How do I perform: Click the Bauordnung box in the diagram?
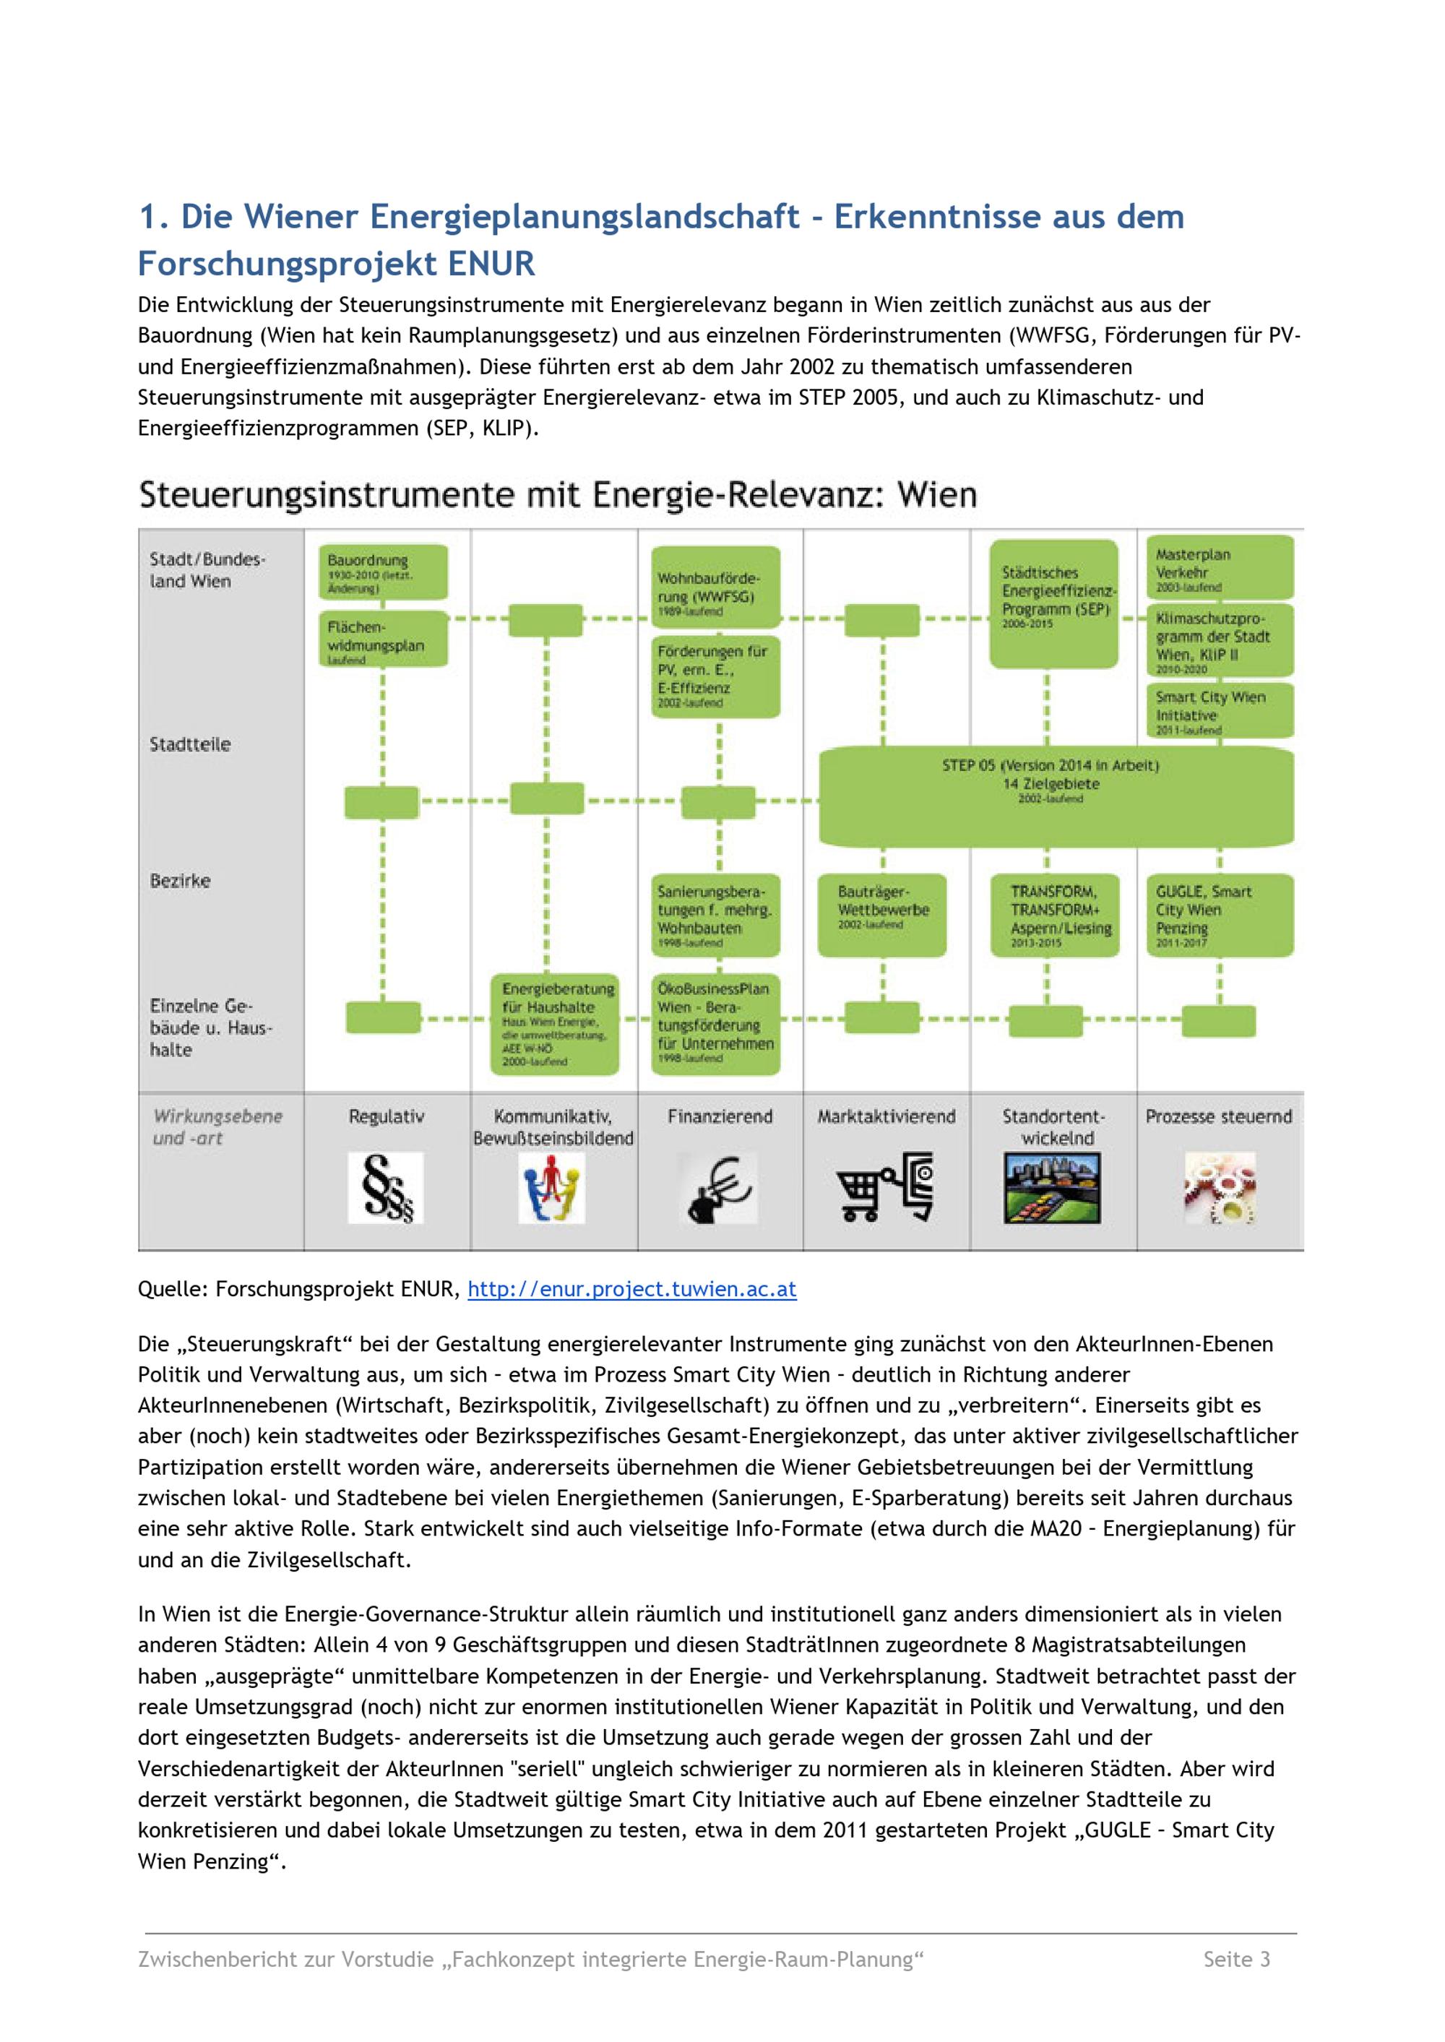pos(383,572)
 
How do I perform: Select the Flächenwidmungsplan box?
pos(383,638)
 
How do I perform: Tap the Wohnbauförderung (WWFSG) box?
pos(715,587)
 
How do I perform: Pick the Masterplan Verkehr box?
pos(1218,566)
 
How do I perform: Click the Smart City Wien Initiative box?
pos(1218,711)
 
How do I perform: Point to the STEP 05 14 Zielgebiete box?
pos(1056,795)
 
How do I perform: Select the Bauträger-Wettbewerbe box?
pos(881,915)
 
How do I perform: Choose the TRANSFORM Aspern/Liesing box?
pos(1054,915)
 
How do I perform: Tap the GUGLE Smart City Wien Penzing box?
pos(1218,915)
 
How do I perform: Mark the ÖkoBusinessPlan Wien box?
pos(715,1023)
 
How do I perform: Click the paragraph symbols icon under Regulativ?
pos(386,1188)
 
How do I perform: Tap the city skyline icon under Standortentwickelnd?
pos(1052,1188)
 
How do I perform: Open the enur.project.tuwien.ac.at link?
pos(631,1289)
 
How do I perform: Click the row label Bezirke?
pos(181,881)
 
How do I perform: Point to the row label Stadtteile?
pos(189,745)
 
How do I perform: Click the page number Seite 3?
pos(1236,1959)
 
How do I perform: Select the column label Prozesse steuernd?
pos(1218,1116)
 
